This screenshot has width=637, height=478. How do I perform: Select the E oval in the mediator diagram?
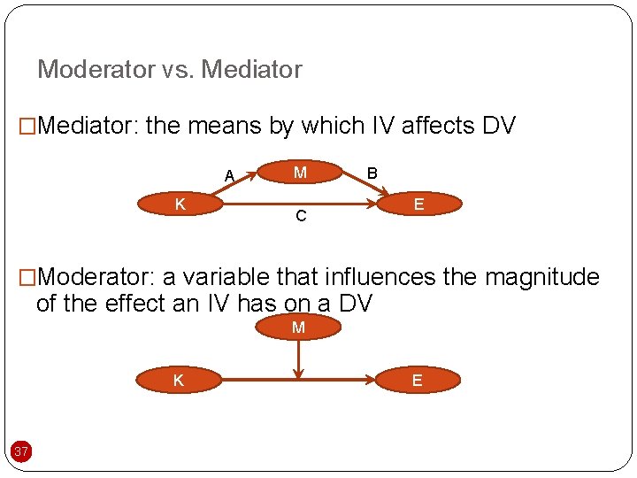(x=418, y=204)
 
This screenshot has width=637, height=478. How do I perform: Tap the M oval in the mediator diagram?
(x=300, y=173)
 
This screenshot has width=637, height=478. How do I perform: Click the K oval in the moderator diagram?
(x=179, y=381)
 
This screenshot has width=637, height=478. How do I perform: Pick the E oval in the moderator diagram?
(x=417, y=381)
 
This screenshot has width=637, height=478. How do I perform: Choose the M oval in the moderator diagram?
(x=298, y=328)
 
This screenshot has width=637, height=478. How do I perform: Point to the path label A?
(x=229, y=175)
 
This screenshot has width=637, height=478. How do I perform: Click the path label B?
(x=372, y=173)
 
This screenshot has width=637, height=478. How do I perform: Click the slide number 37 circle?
(x=21, y=452)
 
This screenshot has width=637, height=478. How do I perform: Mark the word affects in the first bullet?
(x=439, y=126)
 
